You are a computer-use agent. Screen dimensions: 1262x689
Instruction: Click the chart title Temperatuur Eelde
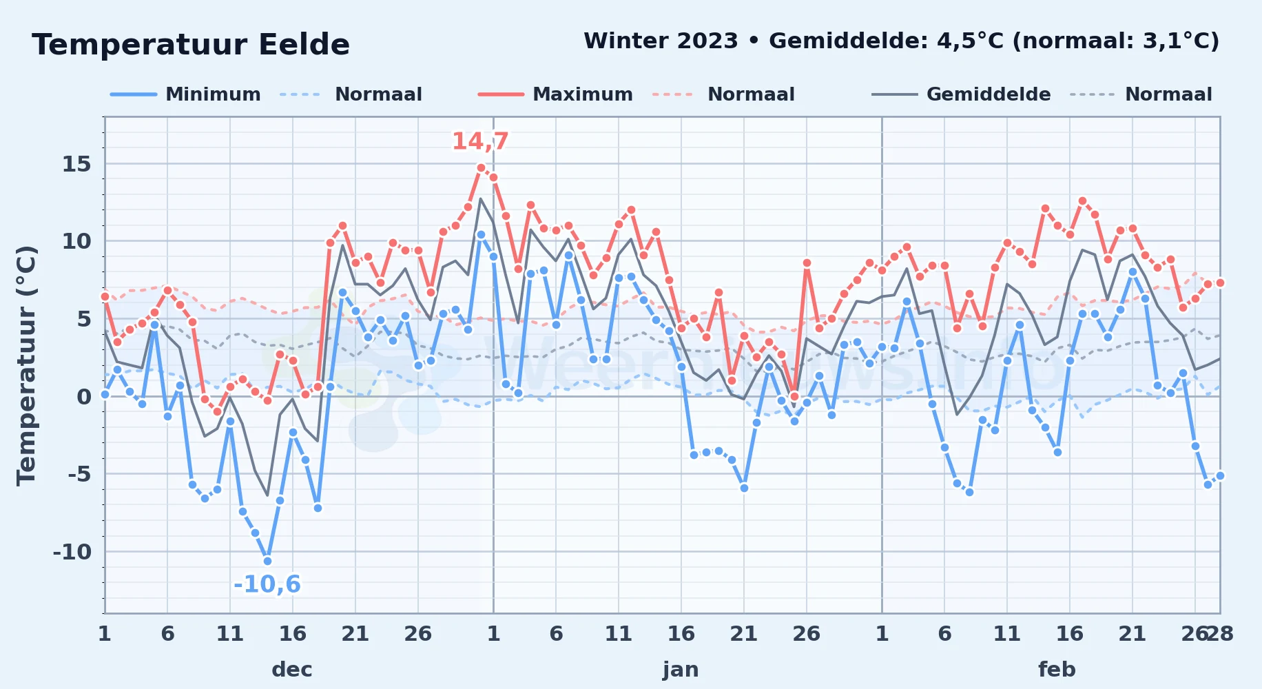tap(191, 45)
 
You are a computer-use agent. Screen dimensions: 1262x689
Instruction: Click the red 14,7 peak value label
tap(480, 141)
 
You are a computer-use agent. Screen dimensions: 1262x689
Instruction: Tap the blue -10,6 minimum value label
tap(267, 584)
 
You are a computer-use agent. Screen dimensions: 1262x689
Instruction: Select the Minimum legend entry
tap(185, 94)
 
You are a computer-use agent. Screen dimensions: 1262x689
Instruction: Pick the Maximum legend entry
tap(555, 94)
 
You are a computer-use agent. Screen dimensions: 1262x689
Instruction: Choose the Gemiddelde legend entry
tap(961, 94)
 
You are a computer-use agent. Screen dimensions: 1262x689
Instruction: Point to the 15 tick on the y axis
tap(76, 164)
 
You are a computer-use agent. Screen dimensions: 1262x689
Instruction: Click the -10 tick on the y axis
tap(72, 552)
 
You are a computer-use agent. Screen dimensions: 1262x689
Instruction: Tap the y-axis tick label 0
tap(84, 397)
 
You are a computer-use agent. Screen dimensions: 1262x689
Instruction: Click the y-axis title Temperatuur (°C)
tap(27, 365)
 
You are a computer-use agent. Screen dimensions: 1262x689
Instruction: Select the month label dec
tap(292, 669)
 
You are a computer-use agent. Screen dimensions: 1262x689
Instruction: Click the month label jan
tap(681, 669)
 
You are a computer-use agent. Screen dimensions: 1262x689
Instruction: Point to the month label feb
tap(1057, 669)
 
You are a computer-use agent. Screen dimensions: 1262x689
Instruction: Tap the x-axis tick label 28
tap(1220, 633)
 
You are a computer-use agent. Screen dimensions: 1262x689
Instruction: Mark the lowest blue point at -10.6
tap(267, 561)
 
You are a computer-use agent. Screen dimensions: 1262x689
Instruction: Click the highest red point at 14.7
tap(481, 167)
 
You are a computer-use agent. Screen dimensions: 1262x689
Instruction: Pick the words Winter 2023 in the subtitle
tap(661, 41)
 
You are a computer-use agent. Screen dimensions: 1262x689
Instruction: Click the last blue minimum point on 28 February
tap(1220, 475)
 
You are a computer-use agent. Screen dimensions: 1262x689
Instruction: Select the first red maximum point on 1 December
tap(105, 296)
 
